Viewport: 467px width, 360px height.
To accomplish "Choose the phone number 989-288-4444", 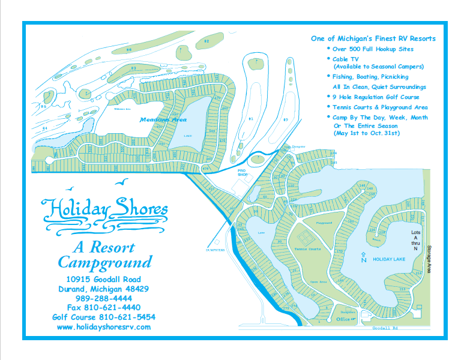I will (104, 298).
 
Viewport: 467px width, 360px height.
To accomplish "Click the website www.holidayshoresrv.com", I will (104, 327).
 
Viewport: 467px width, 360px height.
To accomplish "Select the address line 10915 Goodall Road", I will (104, 279).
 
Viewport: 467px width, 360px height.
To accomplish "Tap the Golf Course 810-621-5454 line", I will (104, 317).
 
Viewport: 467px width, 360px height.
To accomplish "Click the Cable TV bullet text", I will (346, 59).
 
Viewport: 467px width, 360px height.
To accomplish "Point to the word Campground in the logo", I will (104, 262).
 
